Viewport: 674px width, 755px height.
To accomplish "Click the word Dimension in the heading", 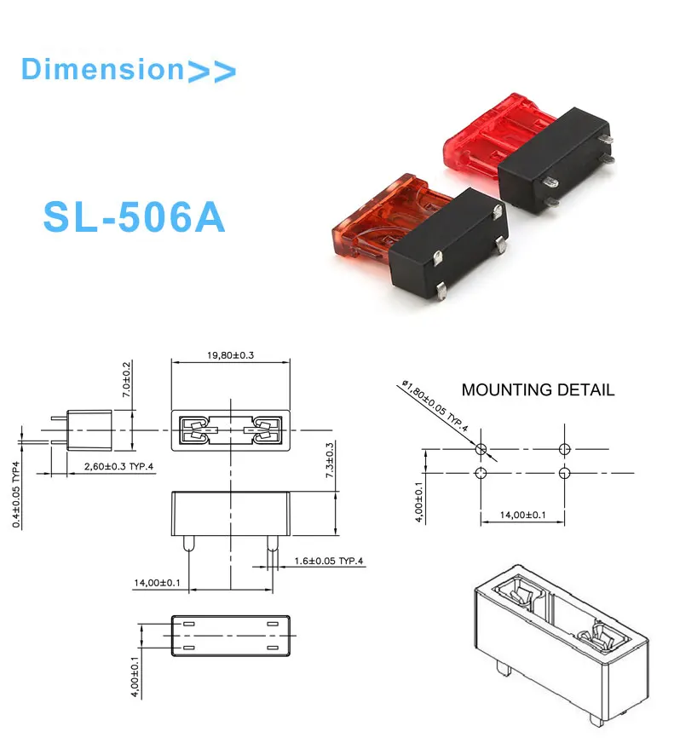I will (101, 69).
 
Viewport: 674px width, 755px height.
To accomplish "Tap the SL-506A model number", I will (134, 218).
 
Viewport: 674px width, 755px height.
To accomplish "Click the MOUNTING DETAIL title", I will (537, 390).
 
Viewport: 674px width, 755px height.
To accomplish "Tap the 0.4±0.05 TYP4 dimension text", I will (18, 494).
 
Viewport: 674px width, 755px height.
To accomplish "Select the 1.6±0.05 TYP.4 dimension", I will (329, 561).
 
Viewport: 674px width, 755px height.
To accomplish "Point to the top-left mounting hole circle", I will (481, 449).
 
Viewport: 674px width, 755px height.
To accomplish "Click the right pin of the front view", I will (272, 545).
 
